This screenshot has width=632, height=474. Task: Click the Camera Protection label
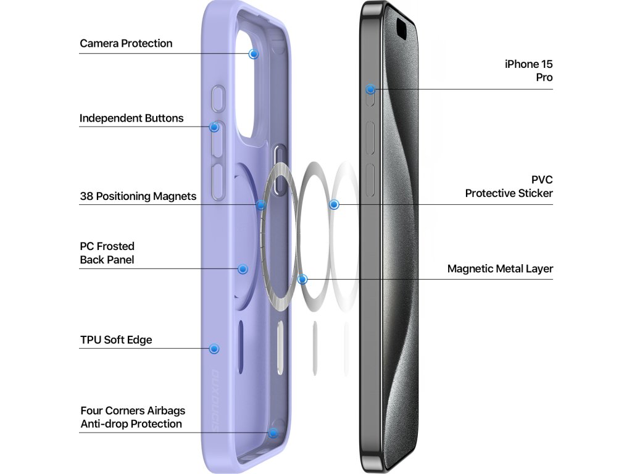tap(126, 44)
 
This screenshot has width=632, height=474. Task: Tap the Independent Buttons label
tap(131, 118)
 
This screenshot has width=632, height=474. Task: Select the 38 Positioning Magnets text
tap(138, 196)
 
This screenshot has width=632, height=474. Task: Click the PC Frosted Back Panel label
tap(107, 253)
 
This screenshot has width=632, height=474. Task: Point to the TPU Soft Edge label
tap(116, 339)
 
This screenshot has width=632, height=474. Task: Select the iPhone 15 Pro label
tap(528, 70)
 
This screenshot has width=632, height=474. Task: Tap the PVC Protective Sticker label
tap(509, 186)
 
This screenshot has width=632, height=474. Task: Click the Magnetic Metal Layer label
tap(500, 269)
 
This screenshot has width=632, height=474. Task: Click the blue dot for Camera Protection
tap(253, 54)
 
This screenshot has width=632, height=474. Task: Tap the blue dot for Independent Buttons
tap(214, 127)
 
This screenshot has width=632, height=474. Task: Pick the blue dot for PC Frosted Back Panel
tap(243, 269)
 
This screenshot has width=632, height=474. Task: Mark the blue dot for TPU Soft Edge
tap(214, 349)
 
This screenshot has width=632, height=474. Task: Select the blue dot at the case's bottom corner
tap(273, 433)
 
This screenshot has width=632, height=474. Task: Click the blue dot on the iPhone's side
tap(370, 89)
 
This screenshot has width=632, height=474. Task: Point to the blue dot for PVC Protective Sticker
tap(334, 204)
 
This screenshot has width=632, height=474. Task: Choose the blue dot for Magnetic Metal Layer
tap(302, 279)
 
